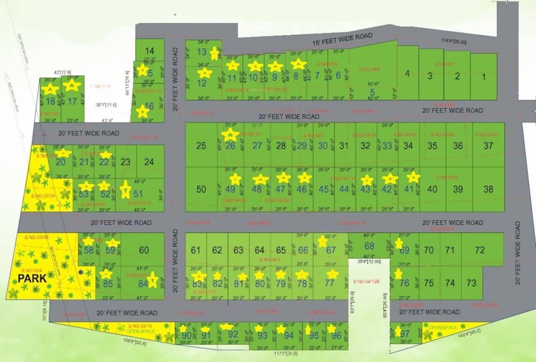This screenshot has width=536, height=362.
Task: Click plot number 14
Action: click(149, 51)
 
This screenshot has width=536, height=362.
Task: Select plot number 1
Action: click(484, 76)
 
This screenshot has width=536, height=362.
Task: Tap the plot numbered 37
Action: click(488, 146)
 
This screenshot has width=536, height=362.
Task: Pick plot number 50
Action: click(201, 189)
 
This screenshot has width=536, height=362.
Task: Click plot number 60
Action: click(144, 250)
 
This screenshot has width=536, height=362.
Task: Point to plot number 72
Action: click(480, 250)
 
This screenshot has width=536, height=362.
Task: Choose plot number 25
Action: click(201, 146)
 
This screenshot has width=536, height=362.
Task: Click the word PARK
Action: click(33, 278)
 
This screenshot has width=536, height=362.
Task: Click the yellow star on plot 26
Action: click(230, 135)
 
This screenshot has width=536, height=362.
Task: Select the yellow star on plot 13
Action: click(214, 53)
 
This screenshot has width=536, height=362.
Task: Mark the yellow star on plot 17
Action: click(72, 85)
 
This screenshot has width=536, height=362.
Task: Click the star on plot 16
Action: click(142, 112)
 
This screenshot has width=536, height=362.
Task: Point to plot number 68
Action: click(369, 246)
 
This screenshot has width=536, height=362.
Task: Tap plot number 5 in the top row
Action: click(372, 92)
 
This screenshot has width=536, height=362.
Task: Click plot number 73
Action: click(471, 283)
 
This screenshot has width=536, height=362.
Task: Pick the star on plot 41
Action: click(413, 177)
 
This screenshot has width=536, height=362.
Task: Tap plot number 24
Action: click(149, 162)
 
